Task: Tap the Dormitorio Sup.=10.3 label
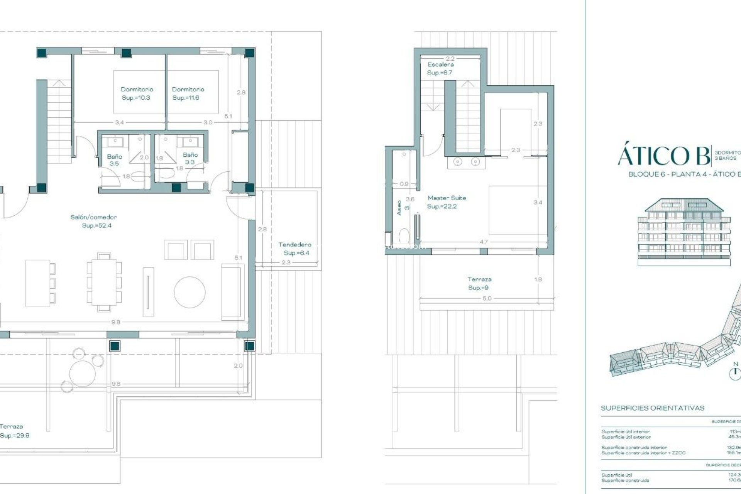pyautogui.click(x=137, y=93)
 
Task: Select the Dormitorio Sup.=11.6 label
pyautogui.click(x=188, y=93)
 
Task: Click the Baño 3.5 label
pyautogui.click(x=114, y=160)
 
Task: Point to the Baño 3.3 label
pyautogui.click(x=190, y=158)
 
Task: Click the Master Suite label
pyautogui.click(x=447, y=202)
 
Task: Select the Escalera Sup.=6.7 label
pyautogui.click(x=440, y=68)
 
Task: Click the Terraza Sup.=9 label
pyautogui.click(x=479, y=283)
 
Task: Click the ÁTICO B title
pyautogui.click(x=663, y=156)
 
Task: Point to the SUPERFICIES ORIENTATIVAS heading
pyautogui.click(x=652, y=408)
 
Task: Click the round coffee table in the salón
pyautogui.click(x=189, y=292)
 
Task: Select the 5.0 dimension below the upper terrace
pyautogui.click(x=487, y=298)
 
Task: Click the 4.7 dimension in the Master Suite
pyautogui.click(x=483, y=242)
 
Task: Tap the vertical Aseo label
pyautogui.click(x=399, y=208)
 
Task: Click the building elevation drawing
pyautogui.click(x=684, y=232)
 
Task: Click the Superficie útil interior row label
pyautogui.click(x=625, y=431)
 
